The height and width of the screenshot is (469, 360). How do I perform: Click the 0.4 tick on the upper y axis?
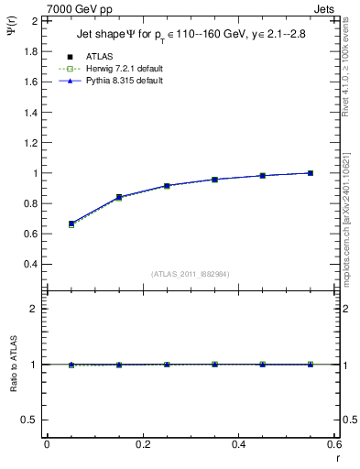coord(31,265)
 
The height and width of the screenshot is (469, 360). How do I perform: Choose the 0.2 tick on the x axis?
coord(142,444)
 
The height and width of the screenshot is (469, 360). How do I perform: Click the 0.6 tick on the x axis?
coord(334,444)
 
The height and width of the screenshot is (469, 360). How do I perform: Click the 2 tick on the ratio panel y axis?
coord(35,309)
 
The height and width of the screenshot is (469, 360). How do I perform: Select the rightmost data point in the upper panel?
coord(311,173)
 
